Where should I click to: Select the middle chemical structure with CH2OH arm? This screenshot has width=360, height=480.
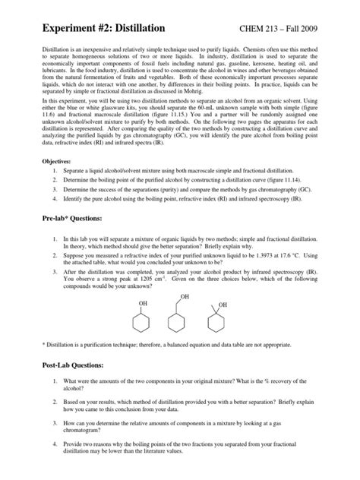pyautogui.click(x=179, y=325)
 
